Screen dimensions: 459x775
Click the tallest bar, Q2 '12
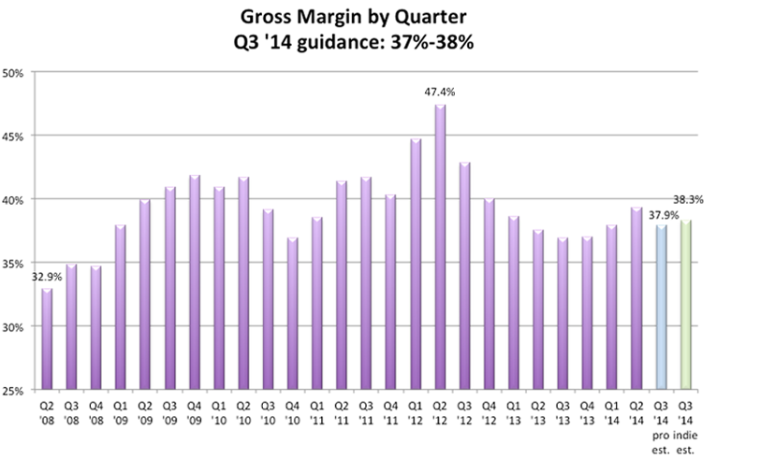(x=440, y=248)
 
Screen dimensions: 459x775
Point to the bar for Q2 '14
(x=636, y=299)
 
